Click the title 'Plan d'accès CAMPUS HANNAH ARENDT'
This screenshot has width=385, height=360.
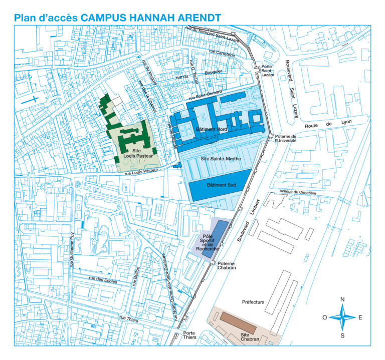[x=118, y=18]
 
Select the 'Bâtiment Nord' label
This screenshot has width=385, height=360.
[x=212, y=129]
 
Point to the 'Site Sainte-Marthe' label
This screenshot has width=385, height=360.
[x=218, y=159]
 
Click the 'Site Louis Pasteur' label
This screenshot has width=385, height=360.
[x=135, y=152]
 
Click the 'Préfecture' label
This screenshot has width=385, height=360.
[x=253, y=302]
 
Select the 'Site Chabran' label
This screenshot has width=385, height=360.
[x=249, y=336]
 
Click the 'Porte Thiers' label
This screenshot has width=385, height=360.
[x=189, y=335]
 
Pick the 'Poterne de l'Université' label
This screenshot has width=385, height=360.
[x=286, y=138]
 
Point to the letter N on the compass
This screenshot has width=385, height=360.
[x=342, y=300]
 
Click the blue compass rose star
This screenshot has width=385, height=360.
[x=342, y=317]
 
